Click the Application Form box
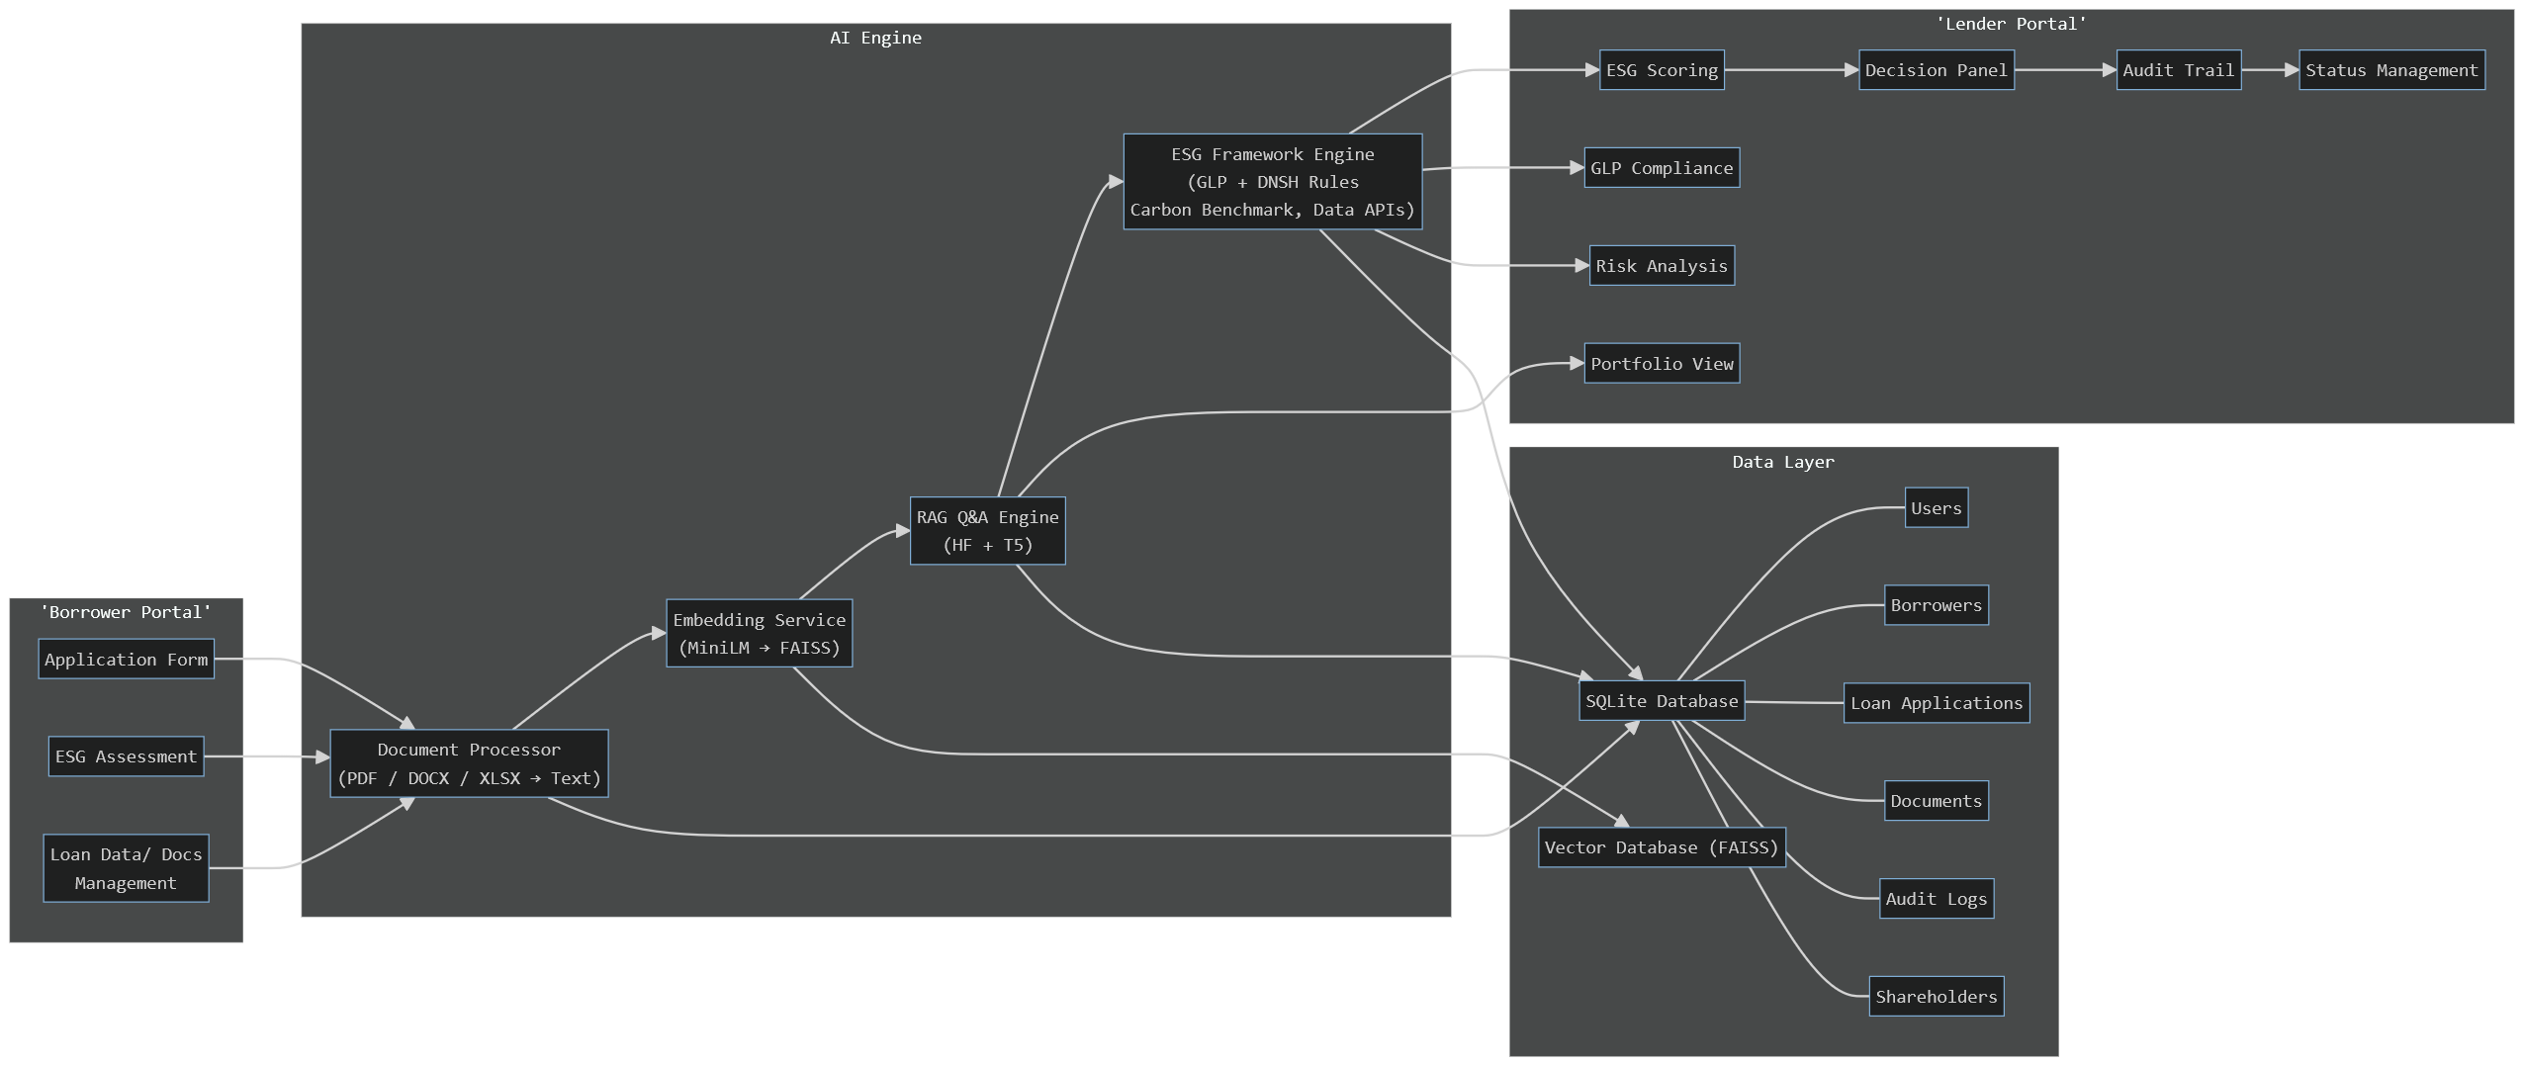(127, 660)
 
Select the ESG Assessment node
(127, 756)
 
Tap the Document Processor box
(469, 763)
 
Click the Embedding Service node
(759, 634)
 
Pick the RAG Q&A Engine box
(987, 531)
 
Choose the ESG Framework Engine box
(1272, 182)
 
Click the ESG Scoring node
(1662, 70)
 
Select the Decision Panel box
(1936, 70)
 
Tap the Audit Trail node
(2178, 70)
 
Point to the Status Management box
(2390, 70)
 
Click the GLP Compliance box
(1662, 168)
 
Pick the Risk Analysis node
(1662, 266)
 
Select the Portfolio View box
(1662, 364)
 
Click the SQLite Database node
(1662, 701)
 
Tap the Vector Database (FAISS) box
(1662, 847)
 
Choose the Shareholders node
(1936, 997)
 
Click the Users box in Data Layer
(1936, 508)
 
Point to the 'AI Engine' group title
(875, 38)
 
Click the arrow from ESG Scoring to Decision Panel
(1791, 70)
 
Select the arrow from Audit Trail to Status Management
(2270, 70)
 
